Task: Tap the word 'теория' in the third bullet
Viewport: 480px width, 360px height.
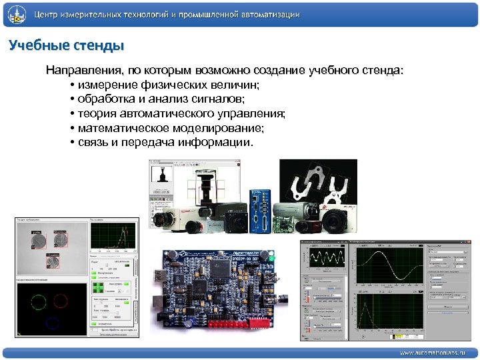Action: (x=95, y=114)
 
